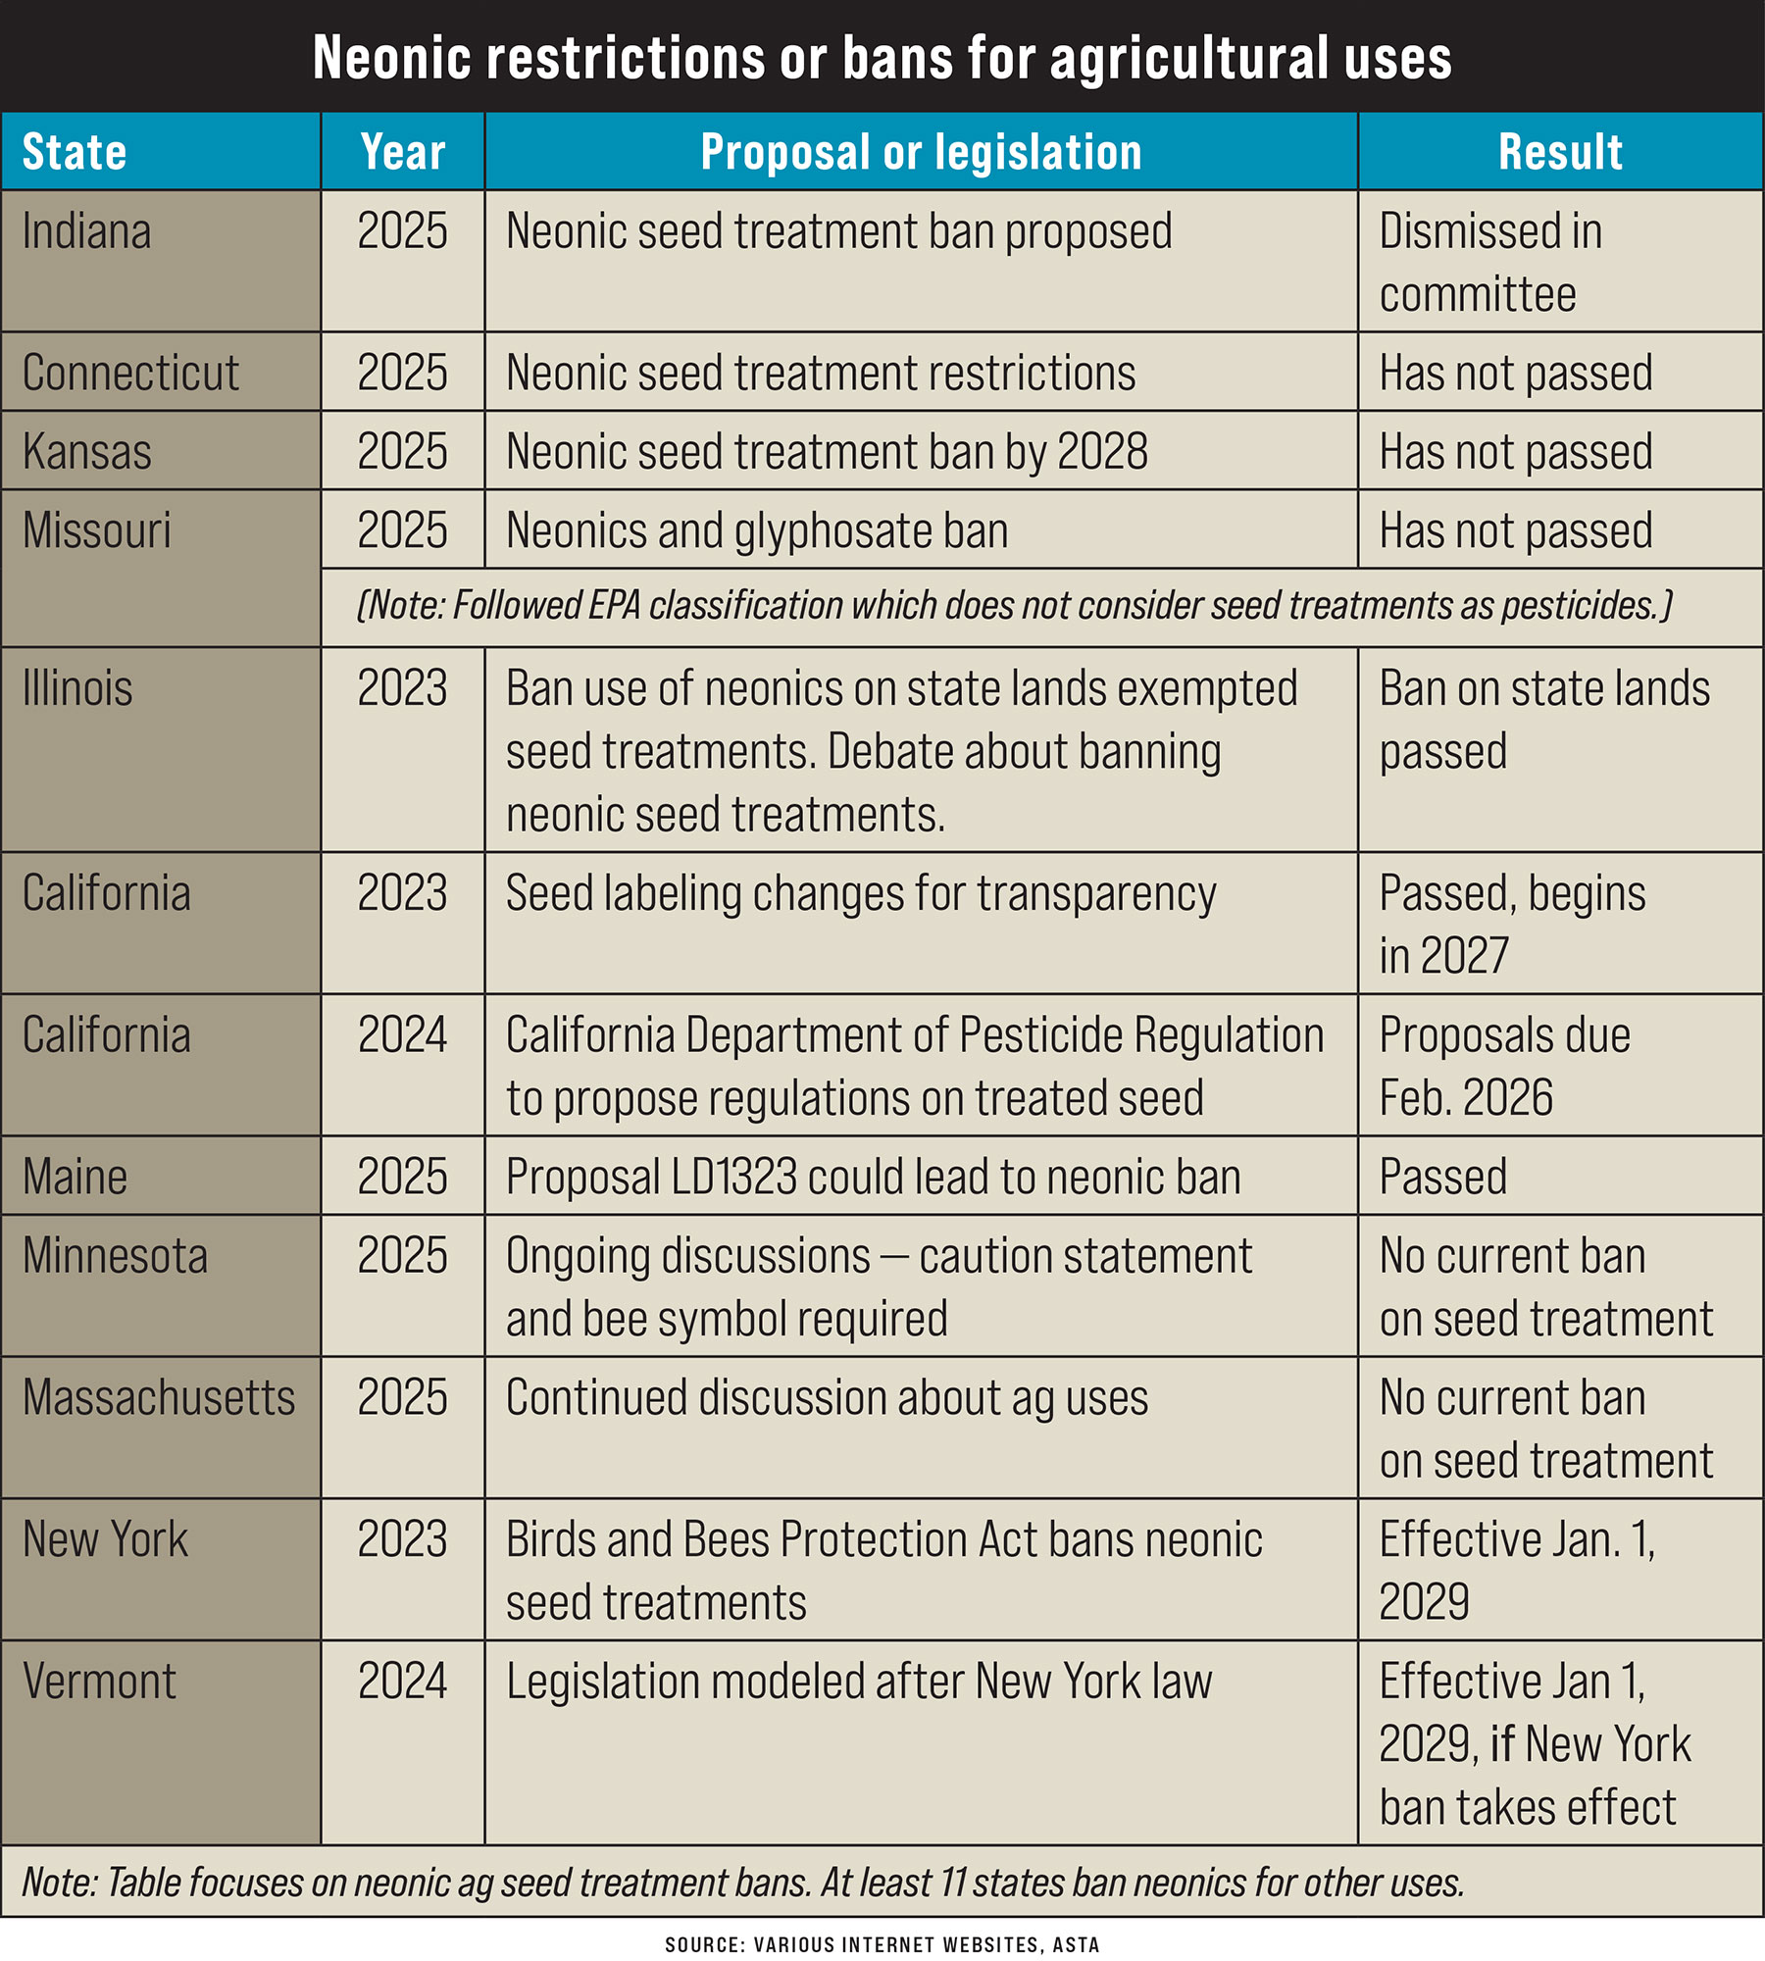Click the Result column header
1560,152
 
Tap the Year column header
402,152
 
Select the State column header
75,152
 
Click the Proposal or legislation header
921,152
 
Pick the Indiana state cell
87,232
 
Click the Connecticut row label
130,373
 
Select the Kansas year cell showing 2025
402,451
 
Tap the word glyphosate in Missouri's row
832,530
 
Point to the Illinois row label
77,688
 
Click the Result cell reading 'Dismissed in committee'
1490,262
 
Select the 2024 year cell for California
402,1034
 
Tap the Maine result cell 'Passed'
1443,1177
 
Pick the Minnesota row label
115,1256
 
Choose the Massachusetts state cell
159,1397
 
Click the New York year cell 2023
402,1539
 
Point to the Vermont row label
99,1682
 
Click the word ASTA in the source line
1076,1945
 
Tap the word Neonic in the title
391,58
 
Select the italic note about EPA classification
1014,606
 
